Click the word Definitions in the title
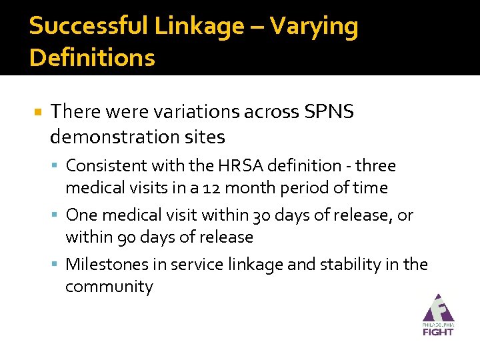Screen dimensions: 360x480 [x=92, y=58]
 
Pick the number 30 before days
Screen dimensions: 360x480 [x=261, y=215]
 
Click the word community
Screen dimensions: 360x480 [x=109, y=287]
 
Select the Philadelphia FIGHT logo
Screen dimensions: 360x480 [x=437, y=315]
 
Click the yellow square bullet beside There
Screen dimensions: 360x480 [x=38, y=113]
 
